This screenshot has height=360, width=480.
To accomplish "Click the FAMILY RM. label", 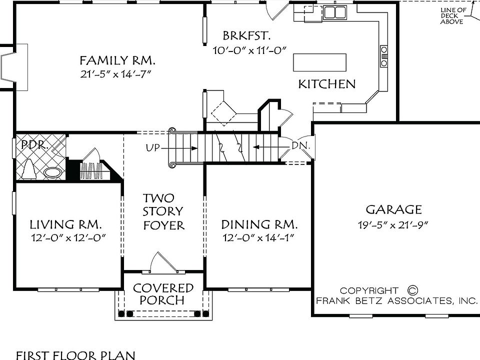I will pos(118,61).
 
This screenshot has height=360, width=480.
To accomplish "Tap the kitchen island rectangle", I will pos(319,63).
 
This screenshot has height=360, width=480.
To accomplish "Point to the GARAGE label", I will pos(393,209).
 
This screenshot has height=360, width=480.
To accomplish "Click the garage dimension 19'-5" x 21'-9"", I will pos(393,224).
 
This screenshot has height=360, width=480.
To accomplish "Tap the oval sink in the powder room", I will pos(53,172).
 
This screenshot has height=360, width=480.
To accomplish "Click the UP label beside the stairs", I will pos(153,147).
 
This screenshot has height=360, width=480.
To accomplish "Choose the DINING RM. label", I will pos(259,224).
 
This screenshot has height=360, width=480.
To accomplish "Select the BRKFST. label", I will pos(247,35).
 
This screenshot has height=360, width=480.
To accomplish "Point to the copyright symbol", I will pos(412,290).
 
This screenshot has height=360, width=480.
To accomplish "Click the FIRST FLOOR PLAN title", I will pos(75,355).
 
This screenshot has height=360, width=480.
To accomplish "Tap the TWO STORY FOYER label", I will pos(163,211).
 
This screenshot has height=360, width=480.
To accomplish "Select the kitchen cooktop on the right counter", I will pos(384,56).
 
